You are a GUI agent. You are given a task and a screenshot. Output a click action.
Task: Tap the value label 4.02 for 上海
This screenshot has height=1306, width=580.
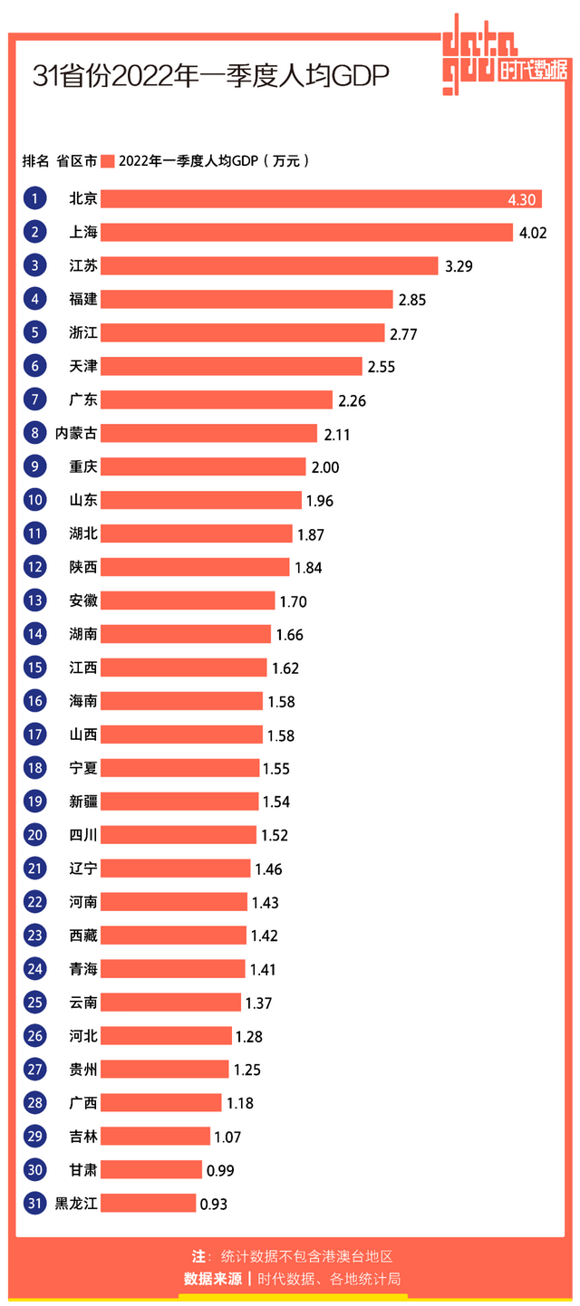tap(533, 233)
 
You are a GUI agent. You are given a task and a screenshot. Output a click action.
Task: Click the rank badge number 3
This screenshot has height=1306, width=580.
tap(34, 265)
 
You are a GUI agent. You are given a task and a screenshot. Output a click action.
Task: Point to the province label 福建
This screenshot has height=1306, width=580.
tap(83, 299)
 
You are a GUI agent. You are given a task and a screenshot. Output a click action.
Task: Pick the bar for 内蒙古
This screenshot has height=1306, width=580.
tap(208, 433)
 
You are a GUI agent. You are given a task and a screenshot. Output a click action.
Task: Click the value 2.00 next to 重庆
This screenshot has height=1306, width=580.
tap(324, 467)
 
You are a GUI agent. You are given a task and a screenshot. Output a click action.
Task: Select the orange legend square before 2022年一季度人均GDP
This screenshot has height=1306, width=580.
tap(107, 161)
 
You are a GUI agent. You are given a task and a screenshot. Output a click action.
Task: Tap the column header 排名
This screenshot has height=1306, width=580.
tap(35, 161)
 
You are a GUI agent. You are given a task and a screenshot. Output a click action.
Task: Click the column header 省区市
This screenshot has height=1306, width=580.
tap(76, 161)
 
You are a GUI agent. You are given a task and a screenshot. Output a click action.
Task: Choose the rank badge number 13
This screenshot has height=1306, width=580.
tap(34, 600)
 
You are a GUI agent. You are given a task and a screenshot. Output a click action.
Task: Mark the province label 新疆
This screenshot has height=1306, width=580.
tap(83, 802)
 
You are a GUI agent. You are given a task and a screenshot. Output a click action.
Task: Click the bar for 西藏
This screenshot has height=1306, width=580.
tap(173, 935)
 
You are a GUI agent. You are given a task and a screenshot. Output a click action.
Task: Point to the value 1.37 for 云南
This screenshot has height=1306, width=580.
tap(258, 1003)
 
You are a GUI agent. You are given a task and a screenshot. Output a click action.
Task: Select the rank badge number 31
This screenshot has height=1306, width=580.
tap(34, 1203)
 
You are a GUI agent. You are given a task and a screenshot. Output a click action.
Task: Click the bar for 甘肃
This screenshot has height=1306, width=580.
tap(151, 1169)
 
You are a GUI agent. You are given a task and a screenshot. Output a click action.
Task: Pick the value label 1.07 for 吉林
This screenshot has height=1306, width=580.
tap(227, 1137)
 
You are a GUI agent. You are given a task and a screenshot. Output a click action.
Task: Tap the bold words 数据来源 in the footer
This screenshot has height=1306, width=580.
tap(213, 1279)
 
